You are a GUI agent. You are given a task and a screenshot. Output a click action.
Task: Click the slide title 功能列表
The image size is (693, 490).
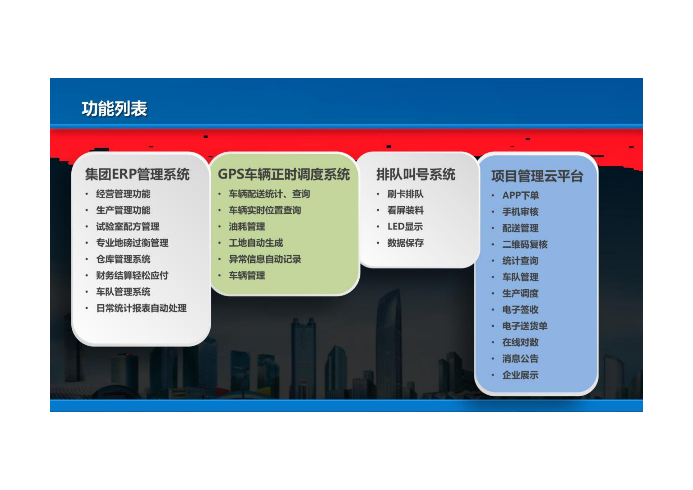pos(114,109)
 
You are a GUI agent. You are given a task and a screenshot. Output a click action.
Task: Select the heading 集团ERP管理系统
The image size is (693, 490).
pos(137,174)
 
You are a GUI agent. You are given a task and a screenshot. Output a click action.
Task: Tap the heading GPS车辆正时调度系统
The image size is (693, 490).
pos(284,174)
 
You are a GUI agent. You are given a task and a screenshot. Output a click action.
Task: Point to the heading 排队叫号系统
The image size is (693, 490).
pos(415,174)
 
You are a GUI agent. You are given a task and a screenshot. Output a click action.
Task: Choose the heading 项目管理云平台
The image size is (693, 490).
pos(537,176)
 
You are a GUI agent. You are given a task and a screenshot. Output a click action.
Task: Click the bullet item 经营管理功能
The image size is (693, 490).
pos(123,194)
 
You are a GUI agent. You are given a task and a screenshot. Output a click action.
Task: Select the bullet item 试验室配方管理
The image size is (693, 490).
pos(127,227)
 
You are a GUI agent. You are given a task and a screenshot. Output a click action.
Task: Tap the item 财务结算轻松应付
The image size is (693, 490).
pos(132,275)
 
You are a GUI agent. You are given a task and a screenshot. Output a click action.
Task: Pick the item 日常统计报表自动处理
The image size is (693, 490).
pos(141,308)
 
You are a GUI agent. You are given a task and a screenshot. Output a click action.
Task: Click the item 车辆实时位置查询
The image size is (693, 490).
pos(265,210)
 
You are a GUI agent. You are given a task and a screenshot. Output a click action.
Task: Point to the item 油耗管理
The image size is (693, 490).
pos(247,227)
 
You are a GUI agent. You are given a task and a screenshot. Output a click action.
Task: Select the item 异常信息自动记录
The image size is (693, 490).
pos(265,259)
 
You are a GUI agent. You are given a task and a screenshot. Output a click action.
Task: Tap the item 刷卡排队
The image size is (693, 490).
pos(405,194)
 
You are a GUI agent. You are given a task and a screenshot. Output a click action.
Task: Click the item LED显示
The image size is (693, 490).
pos(405,227)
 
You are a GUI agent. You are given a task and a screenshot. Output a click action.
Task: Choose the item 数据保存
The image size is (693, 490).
pos(405,243)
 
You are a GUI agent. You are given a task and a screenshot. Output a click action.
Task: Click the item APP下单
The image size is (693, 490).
pos(520,195)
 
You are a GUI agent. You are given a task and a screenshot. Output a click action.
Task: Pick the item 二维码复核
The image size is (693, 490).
pos(525,245)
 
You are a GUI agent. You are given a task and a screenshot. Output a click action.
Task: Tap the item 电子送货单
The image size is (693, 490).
pos(525,326)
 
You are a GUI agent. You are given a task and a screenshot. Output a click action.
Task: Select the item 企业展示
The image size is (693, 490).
pos(520,375)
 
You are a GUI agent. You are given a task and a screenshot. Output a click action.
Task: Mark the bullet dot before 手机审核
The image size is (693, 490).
pos(493,212)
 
